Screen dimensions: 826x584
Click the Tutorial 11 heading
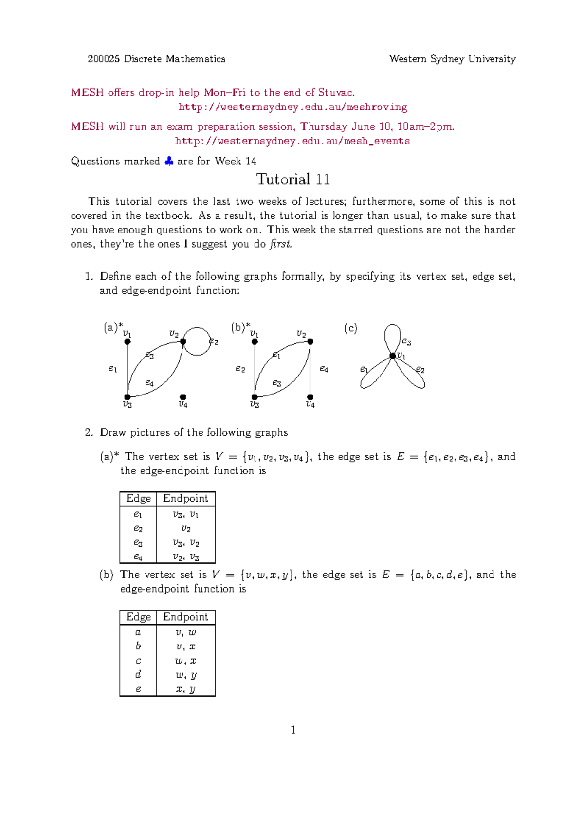point(293,180)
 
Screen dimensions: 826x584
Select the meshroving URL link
point(292,107)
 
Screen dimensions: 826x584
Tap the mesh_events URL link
point(292,141)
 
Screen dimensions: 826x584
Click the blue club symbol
point(169,161)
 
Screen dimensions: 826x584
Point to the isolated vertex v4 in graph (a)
point(183,397)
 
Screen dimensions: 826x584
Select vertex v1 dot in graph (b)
point(255,341)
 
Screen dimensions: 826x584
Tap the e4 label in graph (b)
point(324,369)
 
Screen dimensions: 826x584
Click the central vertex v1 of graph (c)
point(392,356)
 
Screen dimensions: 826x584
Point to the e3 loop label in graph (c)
point(406,342)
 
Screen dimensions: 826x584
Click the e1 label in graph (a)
point(112,369)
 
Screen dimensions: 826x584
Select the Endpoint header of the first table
point(185,499)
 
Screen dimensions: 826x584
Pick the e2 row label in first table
point(138,528)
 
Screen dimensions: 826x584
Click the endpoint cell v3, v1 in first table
point(185,514)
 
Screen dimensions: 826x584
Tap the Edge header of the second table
point(138,617)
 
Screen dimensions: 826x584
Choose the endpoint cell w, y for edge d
point(185,675)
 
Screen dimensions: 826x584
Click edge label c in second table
point(138,661)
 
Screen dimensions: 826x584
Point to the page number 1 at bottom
point(293,730)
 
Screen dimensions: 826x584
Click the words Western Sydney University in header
point(452,59)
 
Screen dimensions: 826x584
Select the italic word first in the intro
point(280,244)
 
